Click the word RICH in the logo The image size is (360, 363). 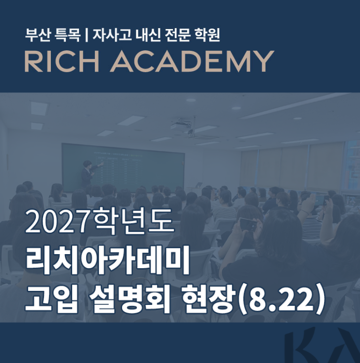pyautogui.click(x=62, y=61)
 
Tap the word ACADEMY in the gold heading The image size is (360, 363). pyautogui.click(x=192, y=61)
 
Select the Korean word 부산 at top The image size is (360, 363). pyautogui.click(x=38, y=35)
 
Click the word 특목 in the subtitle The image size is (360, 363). pyautogui.click(x=67, y=35)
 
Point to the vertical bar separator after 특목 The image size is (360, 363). pyautogui.click(x=86, y=35)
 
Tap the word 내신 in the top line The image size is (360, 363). pyautogui.click(x=148, y=35)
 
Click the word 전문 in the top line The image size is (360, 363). pyautogui.click(x=177, y=35)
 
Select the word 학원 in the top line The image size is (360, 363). pyautogui.click(x=207, y=35)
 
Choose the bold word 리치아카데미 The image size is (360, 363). pyautogui.click(x=108, y=260)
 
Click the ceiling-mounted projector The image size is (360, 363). pyautogui.click(x=182, y=125)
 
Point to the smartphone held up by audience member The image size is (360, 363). pyautogui.click(x=249, y=224)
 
